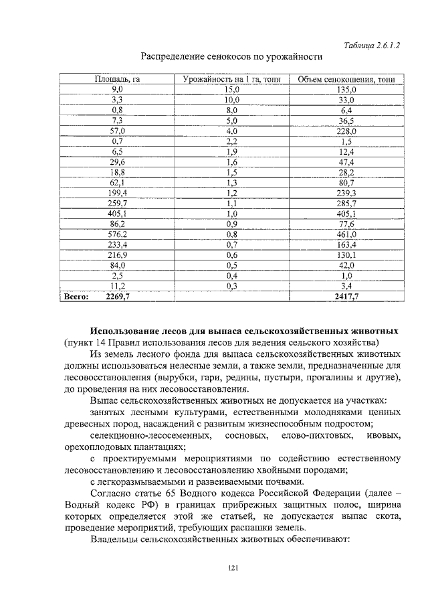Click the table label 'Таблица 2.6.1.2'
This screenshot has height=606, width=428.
click(x=371, y=45)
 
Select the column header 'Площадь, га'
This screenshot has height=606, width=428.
click(x=117, y=80)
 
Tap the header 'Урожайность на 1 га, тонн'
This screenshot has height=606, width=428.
click(x=231, y=80)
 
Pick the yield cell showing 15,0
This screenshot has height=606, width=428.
click(x=231, y=89)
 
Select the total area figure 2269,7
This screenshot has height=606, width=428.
click(x=118, y=296)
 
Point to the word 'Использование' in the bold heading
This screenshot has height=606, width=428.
click(x=128, y=331)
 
